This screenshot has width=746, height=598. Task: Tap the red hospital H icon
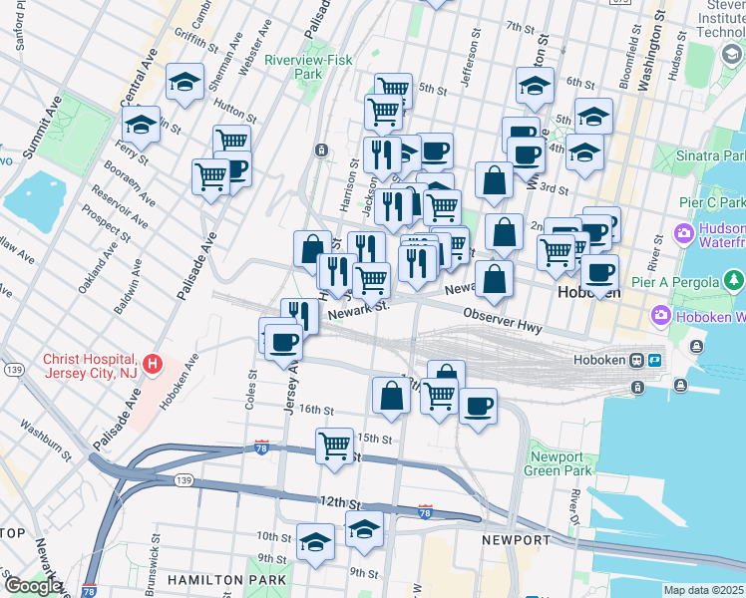pos(152,365)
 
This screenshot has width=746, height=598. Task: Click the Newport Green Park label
pos(558,463)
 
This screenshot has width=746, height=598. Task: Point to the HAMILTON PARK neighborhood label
pos(227,579)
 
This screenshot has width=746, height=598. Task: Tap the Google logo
pos(33,586)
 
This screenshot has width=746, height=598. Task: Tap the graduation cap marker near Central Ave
pos(142,126)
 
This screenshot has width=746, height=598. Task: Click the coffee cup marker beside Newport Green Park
pos(479,407)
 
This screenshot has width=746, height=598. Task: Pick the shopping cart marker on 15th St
pos(335,445)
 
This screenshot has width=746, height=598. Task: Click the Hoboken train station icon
pos(636,360)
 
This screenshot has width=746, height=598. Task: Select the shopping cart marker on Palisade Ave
pos(210,177)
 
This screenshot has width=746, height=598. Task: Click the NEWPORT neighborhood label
pos(516,539)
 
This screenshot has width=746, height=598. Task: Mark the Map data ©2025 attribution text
pos(704,590)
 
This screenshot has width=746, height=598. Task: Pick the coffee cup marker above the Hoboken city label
pos(599,272)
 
